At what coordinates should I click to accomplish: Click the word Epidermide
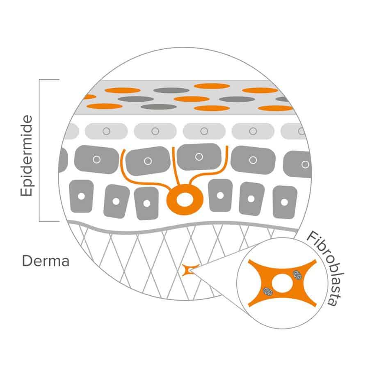(x=27, y=155)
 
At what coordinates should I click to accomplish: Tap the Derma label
(x=46, y=261)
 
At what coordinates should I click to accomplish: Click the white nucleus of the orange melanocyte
(x=185, y=199)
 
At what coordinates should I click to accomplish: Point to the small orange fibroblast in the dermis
(x=190, y=270)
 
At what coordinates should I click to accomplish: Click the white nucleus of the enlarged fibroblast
(x=282, y=283)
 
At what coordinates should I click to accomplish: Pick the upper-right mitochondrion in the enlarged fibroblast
(x=297, y=275)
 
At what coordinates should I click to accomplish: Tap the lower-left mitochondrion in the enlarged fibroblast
(x=268, y=292)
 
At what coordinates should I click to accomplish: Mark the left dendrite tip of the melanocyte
(x=124, y=150)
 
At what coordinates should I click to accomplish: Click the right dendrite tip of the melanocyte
(x=227, y=146)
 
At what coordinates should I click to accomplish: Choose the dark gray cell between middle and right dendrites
(x=199, y=157)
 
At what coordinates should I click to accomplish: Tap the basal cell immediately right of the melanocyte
(x=220, y=195)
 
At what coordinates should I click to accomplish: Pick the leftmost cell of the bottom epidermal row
(x=82, y=196)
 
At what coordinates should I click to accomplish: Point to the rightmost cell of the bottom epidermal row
(x=285, y=202)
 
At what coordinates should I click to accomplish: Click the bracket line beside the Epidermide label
(x=39, y=150)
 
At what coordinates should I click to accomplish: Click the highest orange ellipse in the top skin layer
(x=212, y=86)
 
